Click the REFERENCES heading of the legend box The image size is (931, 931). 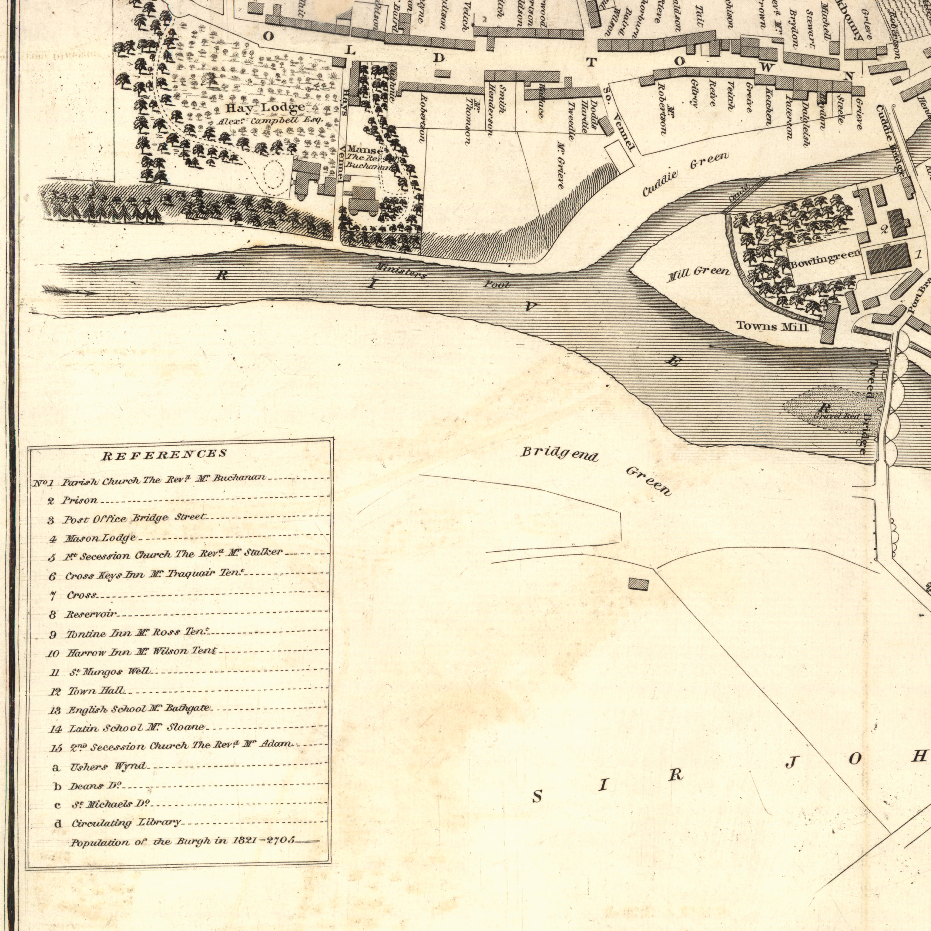(163, 454)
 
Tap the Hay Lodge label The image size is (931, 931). (266, 107)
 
